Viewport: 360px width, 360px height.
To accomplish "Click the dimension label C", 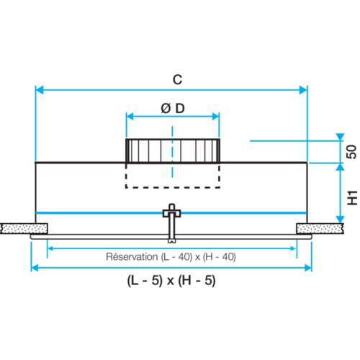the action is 178,79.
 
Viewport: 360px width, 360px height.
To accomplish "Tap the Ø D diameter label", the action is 173,109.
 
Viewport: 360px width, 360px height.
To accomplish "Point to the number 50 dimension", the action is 351,152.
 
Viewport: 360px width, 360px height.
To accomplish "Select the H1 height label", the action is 352,198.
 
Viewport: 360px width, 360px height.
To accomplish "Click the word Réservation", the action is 132,257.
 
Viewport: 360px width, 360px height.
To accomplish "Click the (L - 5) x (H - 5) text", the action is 171,280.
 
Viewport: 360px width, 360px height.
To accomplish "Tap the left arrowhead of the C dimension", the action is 40,90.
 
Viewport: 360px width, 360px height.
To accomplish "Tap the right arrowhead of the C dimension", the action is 303,90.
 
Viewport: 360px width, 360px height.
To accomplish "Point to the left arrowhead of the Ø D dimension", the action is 130,117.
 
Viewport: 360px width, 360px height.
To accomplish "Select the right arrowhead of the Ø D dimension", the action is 216,117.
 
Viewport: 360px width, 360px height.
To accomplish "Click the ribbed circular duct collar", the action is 173,151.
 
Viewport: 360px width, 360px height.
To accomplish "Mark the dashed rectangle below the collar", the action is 173,187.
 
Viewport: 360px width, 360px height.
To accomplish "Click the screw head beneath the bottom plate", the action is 172,240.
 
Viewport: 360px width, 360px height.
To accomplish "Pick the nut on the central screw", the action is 172,213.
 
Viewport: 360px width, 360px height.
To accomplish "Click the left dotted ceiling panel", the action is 24,228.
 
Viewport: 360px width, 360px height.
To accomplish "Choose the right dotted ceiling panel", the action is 320,228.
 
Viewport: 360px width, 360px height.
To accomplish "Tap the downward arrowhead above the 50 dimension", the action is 340,137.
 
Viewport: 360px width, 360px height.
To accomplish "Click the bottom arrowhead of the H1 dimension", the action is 340,220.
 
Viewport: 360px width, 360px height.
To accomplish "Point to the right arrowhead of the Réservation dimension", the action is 293,248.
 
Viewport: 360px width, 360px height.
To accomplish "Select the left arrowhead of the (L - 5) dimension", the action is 35,268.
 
